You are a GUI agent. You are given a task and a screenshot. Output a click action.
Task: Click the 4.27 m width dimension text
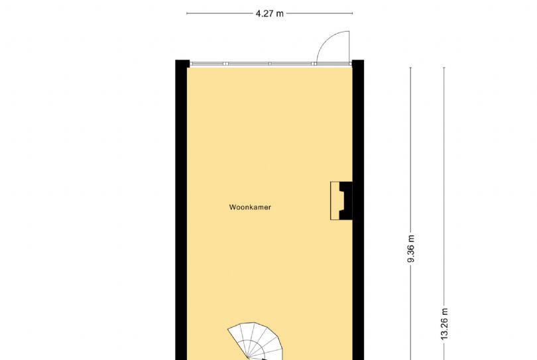point(270,14)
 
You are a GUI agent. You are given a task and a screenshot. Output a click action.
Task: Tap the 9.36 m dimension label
point(411,249)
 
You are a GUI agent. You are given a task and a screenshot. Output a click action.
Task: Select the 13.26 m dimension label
point(444,324)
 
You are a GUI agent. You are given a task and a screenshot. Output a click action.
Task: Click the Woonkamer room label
point(250,208)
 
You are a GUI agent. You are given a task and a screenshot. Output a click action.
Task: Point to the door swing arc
point(326,39)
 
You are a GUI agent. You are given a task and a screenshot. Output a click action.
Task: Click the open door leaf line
point(349,48)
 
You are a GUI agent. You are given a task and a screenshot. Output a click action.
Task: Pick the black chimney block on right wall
point(345,201)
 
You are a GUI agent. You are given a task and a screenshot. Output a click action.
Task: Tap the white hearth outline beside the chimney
point(335,201)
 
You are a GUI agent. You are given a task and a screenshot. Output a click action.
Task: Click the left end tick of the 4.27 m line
point(187,13)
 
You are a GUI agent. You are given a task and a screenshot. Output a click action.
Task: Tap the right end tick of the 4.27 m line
point(353,13)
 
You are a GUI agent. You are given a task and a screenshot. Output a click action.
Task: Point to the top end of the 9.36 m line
point(410,68)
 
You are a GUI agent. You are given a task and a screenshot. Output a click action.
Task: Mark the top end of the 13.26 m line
point(444,68)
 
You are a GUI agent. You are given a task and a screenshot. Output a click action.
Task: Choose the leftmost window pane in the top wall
point(207,64)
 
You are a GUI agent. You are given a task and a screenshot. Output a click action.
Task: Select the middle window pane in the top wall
point(249,64)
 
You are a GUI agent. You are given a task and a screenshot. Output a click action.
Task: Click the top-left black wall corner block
point(182,64)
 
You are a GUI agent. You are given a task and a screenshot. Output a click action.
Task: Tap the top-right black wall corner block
point(358,64)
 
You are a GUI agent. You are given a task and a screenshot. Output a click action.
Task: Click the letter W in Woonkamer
point(232,208)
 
